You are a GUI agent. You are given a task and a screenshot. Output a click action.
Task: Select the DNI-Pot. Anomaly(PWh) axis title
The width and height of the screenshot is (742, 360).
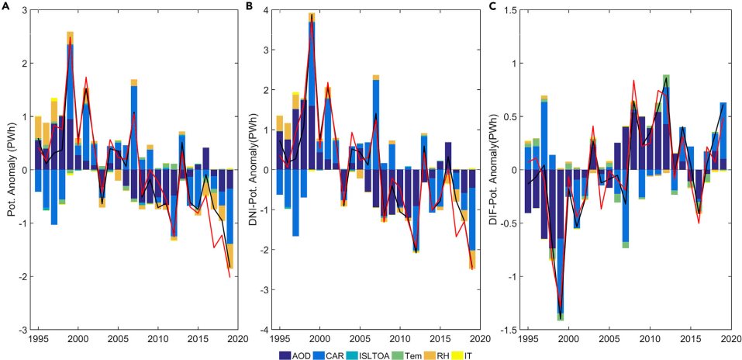pyautogui.click(x=254, y=170)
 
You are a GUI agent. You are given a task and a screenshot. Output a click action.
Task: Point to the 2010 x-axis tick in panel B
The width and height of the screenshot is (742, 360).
pyautogui.click(x=399, y=339)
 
